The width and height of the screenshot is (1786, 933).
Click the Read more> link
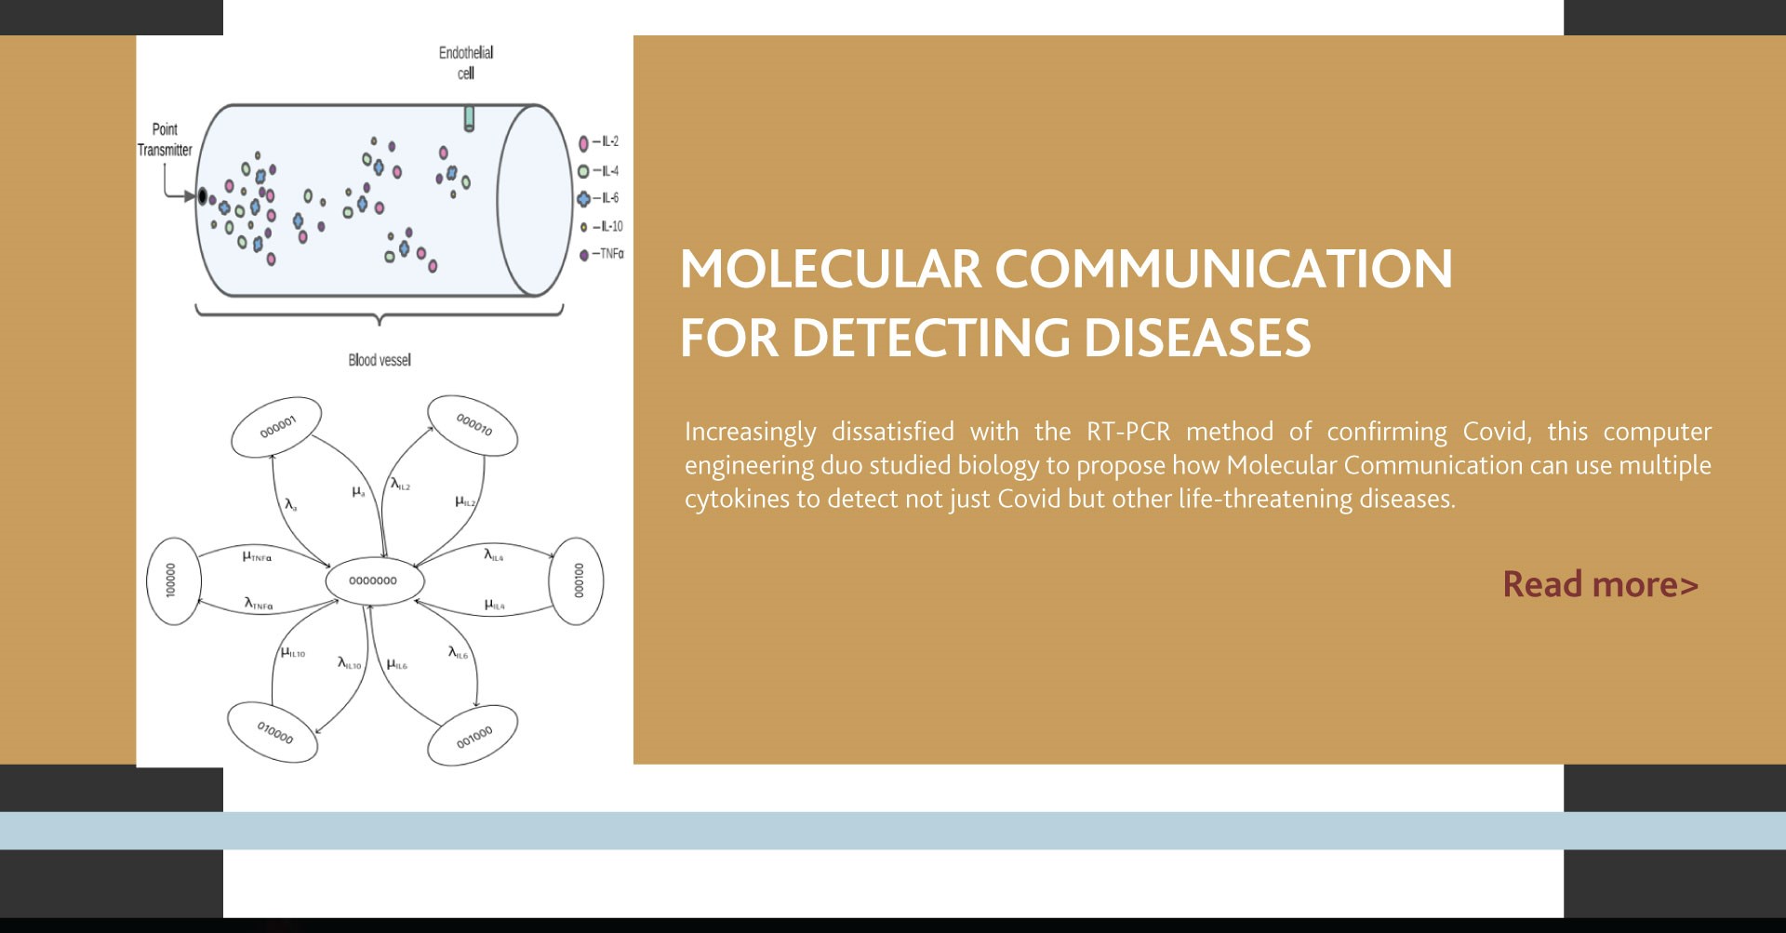coord(1600,584)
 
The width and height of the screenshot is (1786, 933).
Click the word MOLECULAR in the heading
coord(831,269)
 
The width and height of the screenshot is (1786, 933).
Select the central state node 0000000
coord(374,581)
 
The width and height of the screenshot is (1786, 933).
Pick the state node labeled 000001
coord(277,427)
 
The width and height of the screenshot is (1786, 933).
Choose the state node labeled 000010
coord(473,426)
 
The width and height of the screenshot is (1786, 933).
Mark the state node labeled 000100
coord(578,581)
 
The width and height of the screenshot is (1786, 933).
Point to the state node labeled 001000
coord(473,737)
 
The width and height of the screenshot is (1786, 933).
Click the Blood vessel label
coord(380,360)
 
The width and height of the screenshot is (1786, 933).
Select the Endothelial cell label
coord(466,62)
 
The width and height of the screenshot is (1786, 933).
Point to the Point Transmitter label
coord(165,140)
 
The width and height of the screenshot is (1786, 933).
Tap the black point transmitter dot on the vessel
coord(202,196)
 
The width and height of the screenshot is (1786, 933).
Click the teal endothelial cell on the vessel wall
coord(469,118)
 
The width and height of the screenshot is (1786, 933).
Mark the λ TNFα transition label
coord(259,604)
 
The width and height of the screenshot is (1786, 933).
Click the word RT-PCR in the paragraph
coord(1128,432)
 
